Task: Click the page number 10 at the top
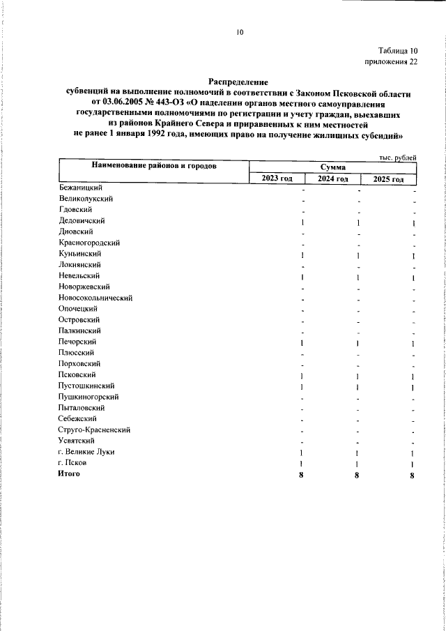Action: (x=239, y=31)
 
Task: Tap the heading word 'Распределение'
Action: (x=238, y=82)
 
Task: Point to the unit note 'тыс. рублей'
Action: (x=396, y=158)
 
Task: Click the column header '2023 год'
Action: (x=277, y=178)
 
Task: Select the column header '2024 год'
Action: (x=332, y=178)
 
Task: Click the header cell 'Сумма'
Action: (x=333, y=167)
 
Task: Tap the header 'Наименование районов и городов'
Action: (x=153, y=166)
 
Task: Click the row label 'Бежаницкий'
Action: (x=81, y=187)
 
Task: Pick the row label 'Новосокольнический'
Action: (x=95, y=298)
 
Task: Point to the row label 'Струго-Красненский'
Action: (x=95, y=430)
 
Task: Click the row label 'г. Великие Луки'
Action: (x=86, y=453)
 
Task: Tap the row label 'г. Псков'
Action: (x=74, y=463)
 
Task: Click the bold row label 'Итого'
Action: (x=69, y=474)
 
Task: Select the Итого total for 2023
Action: (x=302, y=476)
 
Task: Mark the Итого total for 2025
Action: (x=413, y=476)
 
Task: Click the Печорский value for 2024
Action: (x=357, y=343)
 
